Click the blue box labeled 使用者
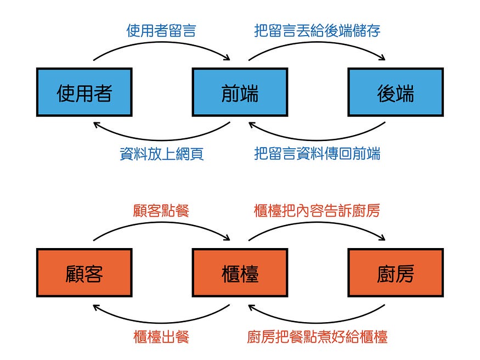pos(84,92)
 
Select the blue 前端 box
pos(240,92)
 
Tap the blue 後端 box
pos(396,92)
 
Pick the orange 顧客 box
pos(84,272)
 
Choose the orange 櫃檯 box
pos(240,272)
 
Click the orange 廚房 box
pos(396,272)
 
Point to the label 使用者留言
pos(161,30)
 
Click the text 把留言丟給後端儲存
pos(317,30)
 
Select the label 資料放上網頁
pos(161,154)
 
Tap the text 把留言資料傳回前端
pos(317,154)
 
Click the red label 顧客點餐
pos(161,211)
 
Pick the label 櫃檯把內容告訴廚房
pos(317,211)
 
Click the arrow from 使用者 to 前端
pos(161,46)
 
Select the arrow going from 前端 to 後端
pos(317,46)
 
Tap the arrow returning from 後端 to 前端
pos(317,137)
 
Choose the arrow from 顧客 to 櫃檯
pos(161,226)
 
